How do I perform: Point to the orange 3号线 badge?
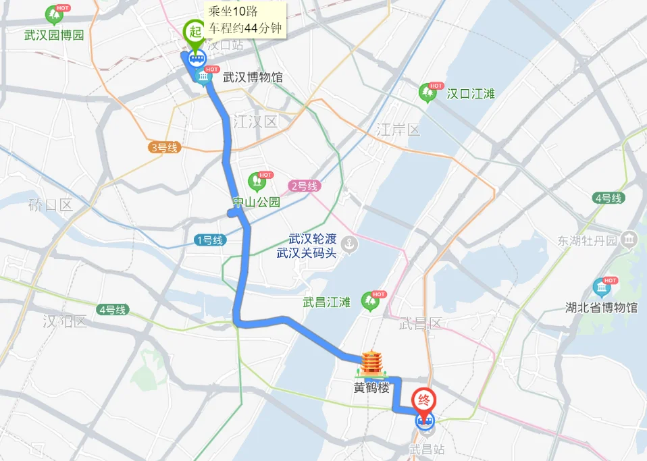[x=164, y=147]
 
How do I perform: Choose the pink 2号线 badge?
[x=304, y=186]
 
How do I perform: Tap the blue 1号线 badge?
[x=209, y=240]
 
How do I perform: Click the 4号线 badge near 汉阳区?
[x=112, y=310]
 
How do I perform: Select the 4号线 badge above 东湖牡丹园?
[x=609, y=198]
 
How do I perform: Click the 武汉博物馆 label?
[x=253, y=78]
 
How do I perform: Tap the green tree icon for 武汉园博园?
[x=53, y=15]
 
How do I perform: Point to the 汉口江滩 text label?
[x=471, y=94]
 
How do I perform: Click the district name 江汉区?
[x=255, y=122]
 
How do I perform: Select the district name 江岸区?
[x=398, y=130]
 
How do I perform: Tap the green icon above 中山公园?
[x=257, y=180]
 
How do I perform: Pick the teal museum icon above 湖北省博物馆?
[x=601, y=287]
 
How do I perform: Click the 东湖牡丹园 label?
[x=588, y=240]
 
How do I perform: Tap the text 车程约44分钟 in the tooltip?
[x=244, y=28]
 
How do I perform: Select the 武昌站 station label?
[x=426, y=448]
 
